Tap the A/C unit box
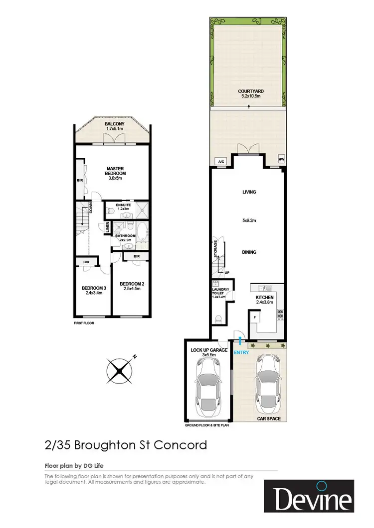click(x=220, y=161)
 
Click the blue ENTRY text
click(x=241, y=352)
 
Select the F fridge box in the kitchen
click(x=255, y=317)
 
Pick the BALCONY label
click(x=114, y=124)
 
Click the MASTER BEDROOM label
click(x=115, y=171)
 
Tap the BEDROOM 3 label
click(x=94, y=288)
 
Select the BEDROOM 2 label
click(x=132, y=284)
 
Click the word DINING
click(x=249, y=252)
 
